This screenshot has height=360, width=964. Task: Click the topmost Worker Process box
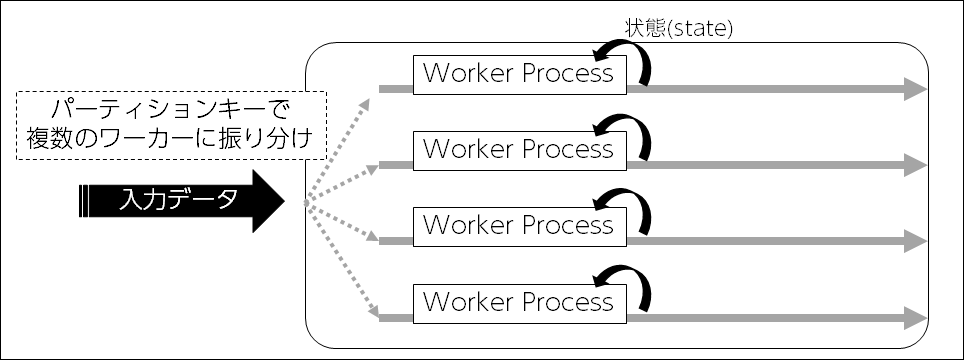coord(518,75)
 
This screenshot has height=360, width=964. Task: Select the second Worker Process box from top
coord(518,149)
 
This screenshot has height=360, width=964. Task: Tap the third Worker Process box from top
coord(518,224)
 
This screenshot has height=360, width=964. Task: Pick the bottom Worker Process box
coord(518,301)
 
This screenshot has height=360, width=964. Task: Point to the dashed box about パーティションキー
coord(172,126)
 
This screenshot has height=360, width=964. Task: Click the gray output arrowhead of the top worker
coord(915,89)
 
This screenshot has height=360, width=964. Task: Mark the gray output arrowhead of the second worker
coord(915,164)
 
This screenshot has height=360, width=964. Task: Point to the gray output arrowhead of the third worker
coord(915,240)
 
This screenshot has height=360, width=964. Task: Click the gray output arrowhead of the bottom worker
coord(915,318)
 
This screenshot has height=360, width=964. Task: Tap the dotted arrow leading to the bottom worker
coord(340,262)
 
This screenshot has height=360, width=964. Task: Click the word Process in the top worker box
coord(566,75)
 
